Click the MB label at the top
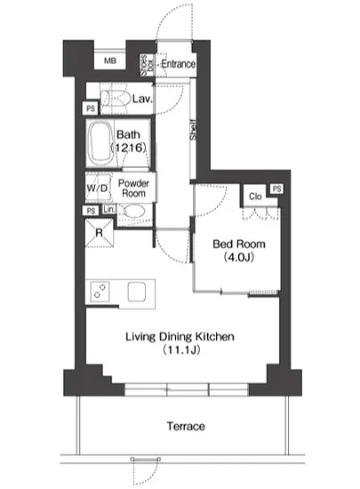[110, 60]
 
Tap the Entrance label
[178, 64]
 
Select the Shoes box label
[147, 65]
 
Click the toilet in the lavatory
[116, 99]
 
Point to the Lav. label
[142, 99]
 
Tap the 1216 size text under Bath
[128, 148]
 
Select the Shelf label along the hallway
[193, 130]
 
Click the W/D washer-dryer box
[98, 188]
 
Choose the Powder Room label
[133, 188]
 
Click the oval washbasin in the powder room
[134, 212]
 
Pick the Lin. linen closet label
[109, 209]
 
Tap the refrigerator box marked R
[100, 233]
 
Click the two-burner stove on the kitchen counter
[100, 292]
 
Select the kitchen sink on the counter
[137, 292]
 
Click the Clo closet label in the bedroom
[255, 196]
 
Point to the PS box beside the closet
[276, 188]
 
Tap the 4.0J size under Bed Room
[239, 257]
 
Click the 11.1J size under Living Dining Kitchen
[180, 350]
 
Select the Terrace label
[186, 426]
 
